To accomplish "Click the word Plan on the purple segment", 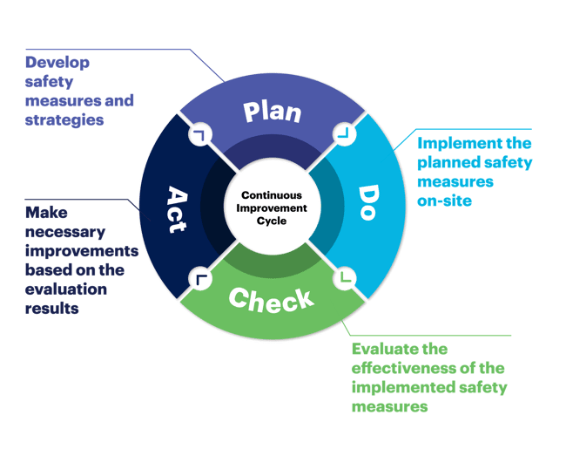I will [272, 112].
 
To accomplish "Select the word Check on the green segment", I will [271, 298].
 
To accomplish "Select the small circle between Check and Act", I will [200, 279].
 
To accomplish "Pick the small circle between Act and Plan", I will [201, 135].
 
